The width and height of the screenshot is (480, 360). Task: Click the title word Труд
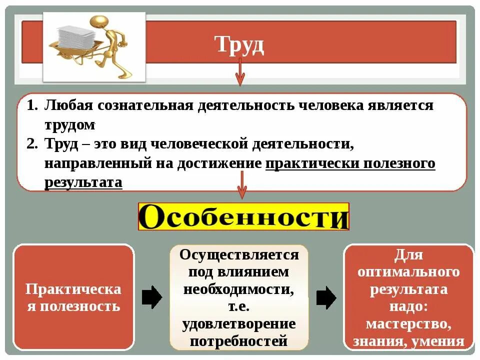pos(239,45)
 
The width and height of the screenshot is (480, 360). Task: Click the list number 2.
pos(31,144)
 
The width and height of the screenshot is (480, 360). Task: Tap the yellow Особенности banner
pos(243,216)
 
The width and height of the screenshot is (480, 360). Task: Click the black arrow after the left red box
pos(152,298)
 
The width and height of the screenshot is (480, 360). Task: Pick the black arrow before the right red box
pos(326,298)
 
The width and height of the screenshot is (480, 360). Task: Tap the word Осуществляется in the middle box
pos(239,255)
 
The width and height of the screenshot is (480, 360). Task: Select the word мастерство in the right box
pos(407,324)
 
